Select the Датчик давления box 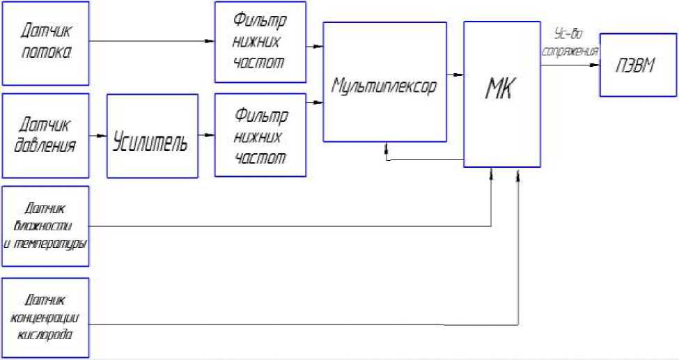tap(46, 135)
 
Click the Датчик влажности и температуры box tap(46, 226)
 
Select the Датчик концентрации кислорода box tap(46, 318)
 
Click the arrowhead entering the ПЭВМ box tap(595, 65)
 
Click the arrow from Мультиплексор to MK tap(454, 74)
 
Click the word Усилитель tap(150, 142)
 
